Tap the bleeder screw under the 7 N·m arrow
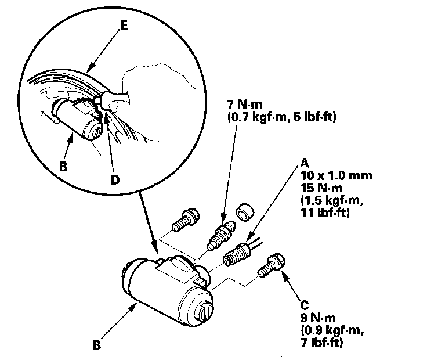tap(220, 233)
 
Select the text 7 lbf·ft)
tap(322, 344)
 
